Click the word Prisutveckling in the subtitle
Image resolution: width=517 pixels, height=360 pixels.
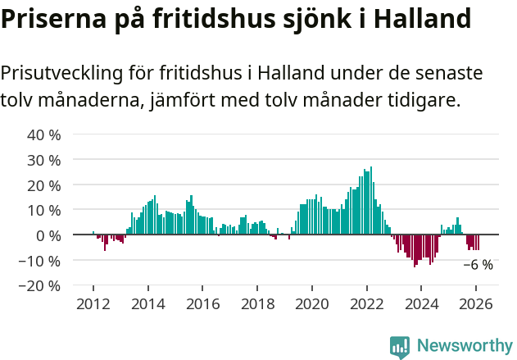(64, 73)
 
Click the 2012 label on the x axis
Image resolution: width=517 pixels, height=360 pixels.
(93, 303)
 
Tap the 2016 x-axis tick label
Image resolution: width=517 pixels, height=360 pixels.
(202, 303)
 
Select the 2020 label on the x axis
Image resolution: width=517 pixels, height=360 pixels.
(311, 303)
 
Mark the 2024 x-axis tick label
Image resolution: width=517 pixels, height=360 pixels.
(421, 303)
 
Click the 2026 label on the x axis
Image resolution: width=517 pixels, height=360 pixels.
(475, 303)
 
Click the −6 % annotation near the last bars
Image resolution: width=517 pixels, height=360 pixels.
(478, 265)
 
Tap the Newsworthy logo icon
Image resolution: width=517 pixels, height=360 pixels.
(400, 346)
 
